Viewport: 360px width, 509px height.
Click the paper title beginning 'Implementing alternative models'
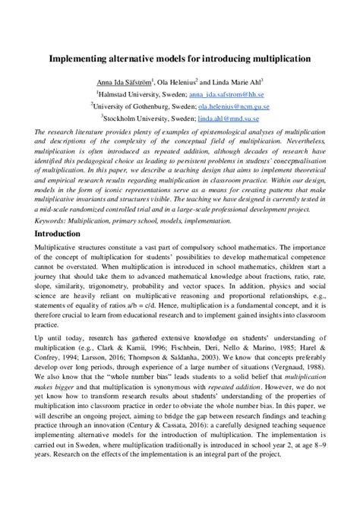[180, 57]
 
